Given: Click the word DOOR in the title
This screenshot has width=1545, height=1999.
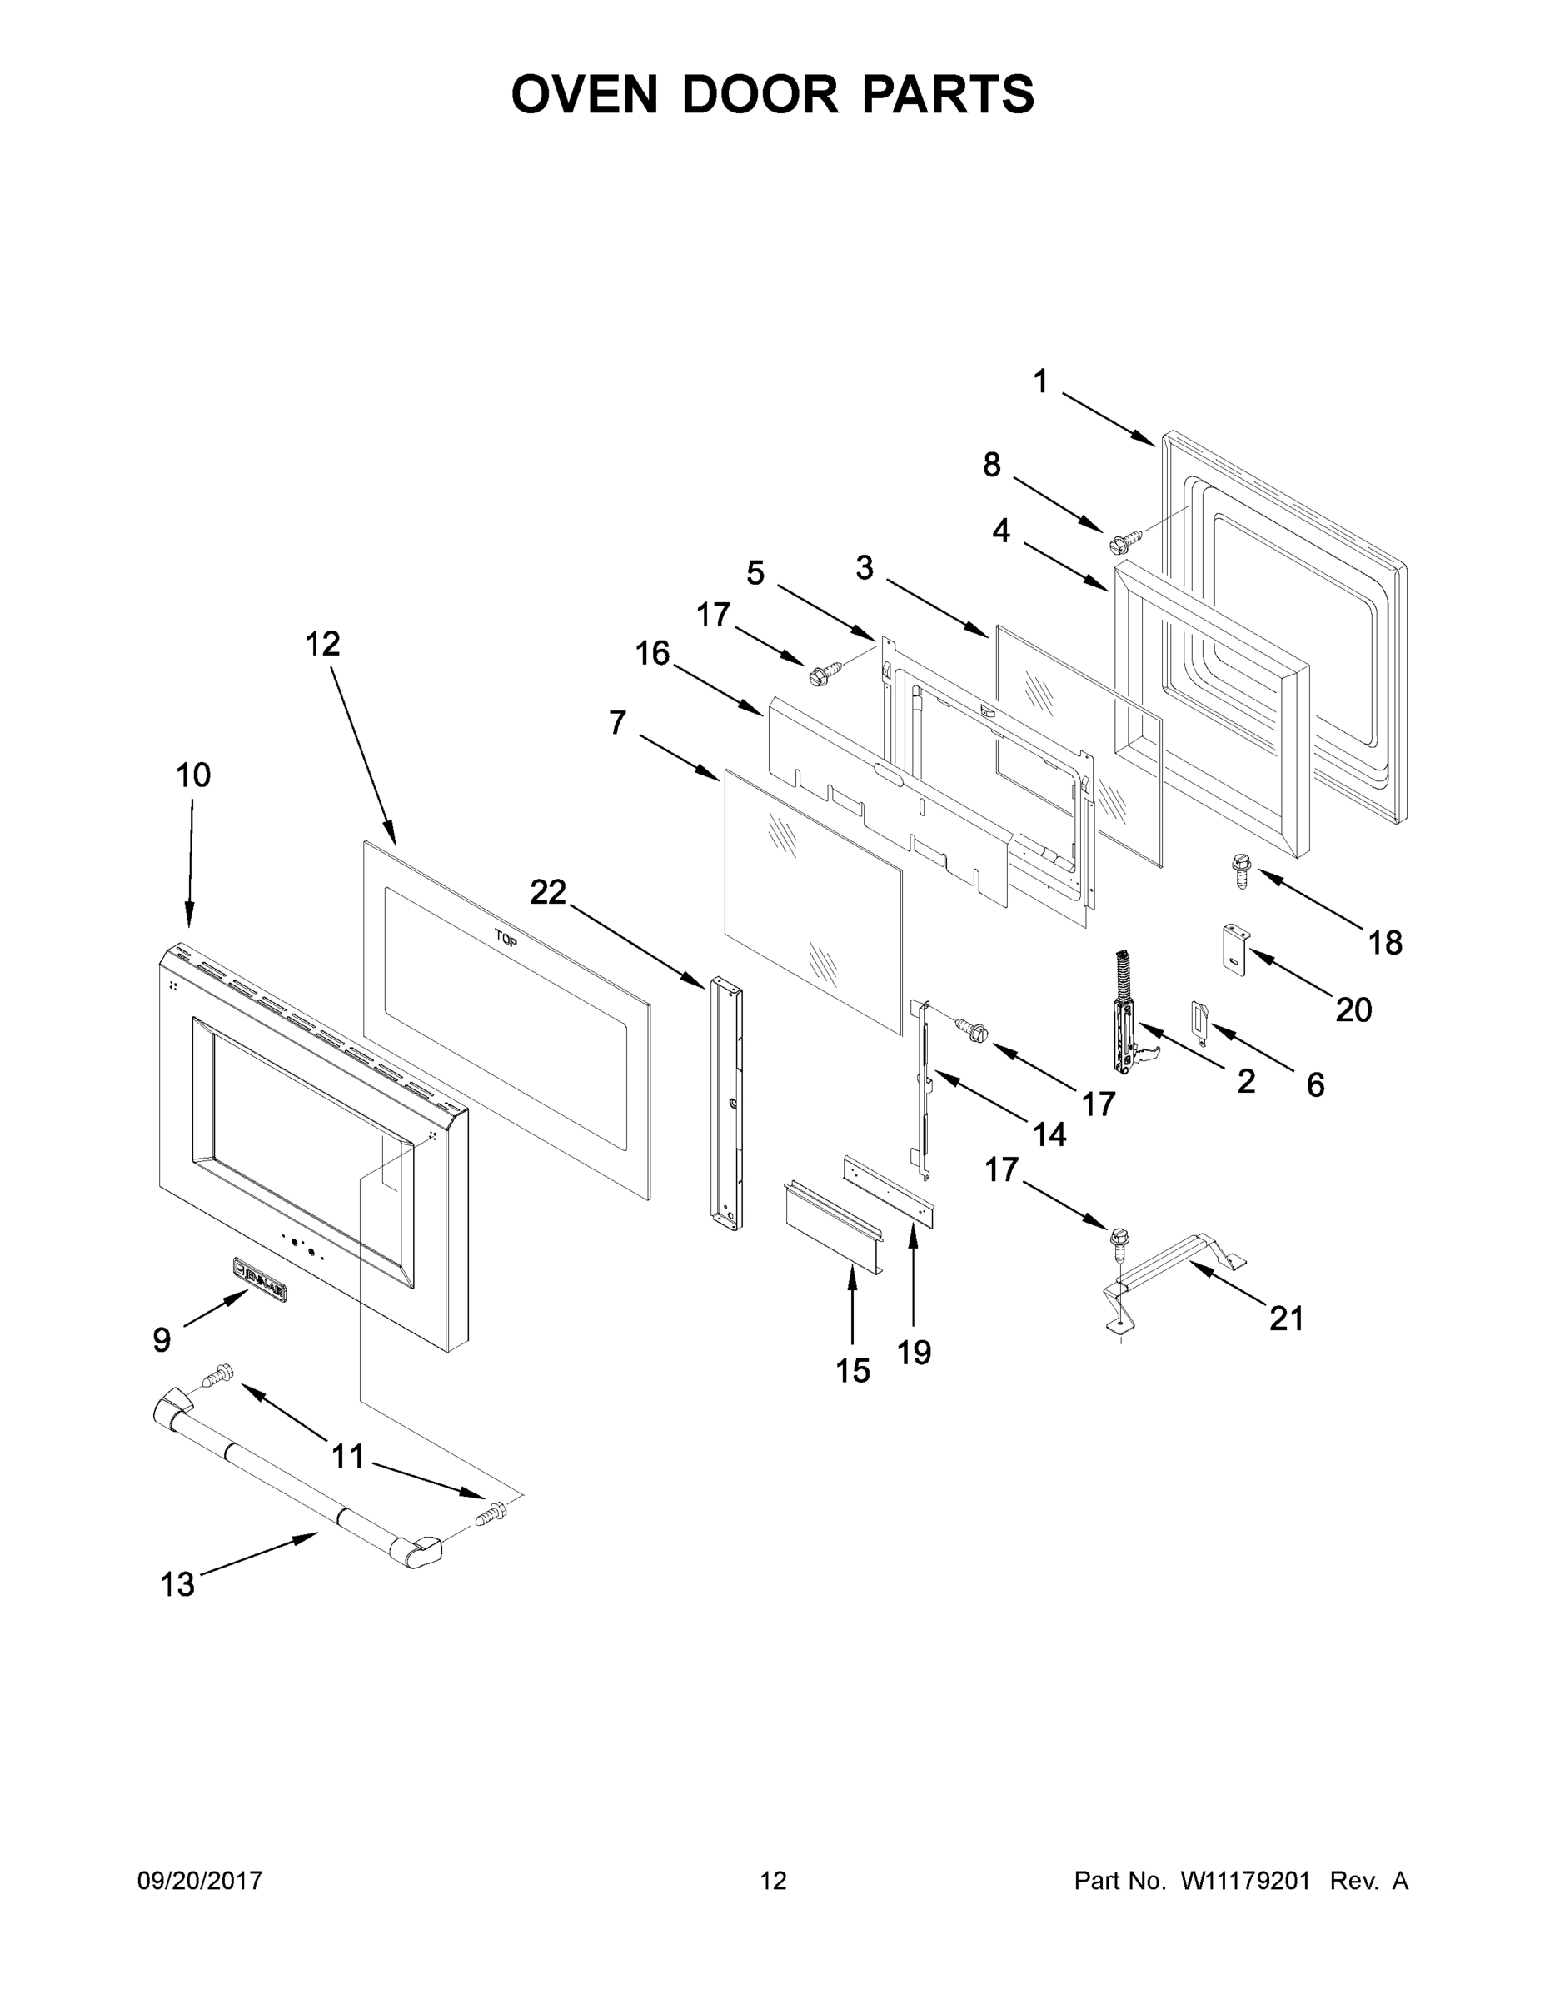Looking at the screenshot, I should [x=759, y=94].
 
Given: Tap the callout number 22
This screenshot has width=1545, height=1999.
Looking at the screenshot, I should [x=548, y=891].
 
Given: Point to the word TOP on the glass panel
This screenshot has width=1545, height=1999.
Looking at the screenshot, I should [x=506, y=937].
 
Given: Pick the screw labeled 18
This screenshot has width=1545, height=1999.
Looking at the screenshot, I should [x=1242, y=867].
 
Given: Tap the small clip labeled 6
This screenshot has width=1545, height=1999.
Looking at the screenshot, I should [x=1200, y=1016].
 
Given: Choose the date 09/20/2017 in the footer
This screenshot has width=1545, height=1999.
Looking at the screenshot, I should [x=200, y=1880].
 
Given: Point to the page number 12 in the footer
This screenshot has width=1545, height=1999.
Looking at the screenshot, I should [x=773, y=1880].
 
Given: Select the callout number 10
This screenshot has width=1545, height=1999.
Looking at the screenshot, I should [x=193, y=775].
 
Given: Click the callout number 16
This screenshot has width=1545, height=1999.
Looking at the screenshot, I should [x=653, y=654].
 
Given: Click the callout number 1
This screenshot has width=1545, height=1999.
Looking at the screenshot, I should [x=1039, y=381].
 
